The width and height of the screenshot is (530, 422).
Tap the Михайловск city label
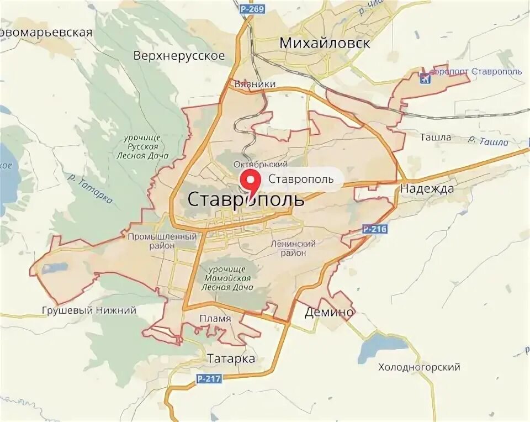(325, 43)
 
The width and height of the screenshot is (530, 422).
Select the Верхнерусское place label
(179, 56)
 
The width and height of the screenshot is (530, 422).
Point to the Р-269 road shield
(252, 9)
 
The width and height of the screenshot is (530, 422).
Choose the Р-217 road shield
(208, 378)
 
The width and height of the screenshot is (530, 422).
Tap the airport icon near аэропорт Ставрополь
(425, 77)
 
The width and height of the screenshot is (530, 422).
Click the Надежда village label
(427, 189)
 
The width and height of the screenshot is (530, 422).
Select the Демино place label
(329, 313)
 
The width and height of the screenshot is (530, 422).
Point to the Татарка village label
(231, 359)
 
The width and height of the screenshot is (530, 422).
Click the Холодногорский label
(419, 367)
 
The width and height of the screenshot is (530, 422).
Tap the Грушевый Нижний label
(89, 310)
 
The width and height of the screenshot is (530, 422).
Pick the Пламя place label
(215, 319)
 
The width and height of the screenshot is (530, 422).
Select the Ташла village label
(436, 137)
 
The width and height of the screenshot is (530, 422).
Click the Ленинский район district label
(293, 248)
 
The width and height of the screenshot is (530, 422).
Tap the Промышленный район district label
(162, 241)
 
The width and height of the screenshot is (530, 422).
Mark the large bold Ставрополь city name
(246, 199)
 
